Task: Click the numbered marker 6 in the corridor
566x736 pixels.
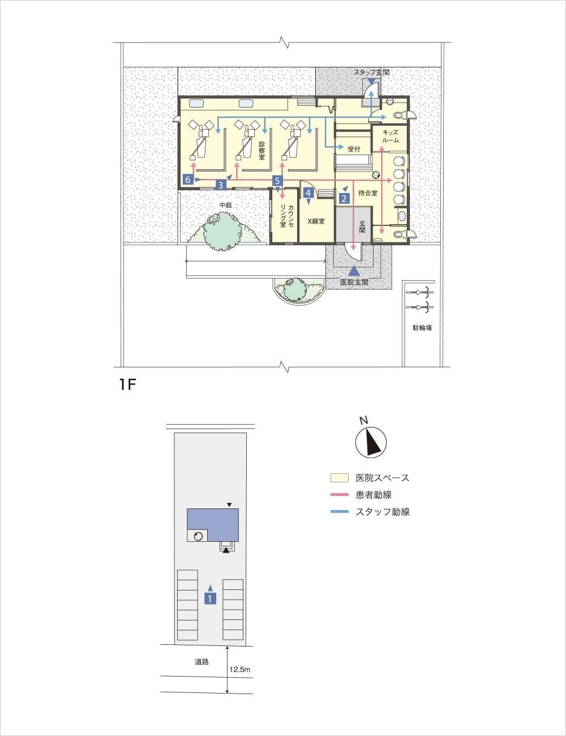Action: coord(187,179)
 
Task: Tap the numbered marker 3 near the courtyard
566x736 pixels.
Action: coord(221,185)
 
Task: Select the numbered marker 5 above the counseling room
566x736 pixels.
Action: coord(277,181)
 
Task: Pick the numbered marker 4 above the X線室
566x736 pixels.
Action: coord(308,192)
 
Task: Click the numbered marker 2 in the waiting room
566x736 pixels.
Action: coord(344,198)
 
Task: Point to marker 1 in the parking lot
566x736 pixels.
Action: coord(210,599)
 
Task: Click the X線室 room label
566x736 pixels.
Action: coord(316,221)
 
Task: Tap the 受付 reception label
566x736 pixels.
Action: coord(354,149)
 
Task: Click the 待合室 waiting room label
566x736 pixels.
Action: coord(368,193)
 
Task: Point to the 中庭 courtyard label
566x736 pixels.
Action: coord(225,205)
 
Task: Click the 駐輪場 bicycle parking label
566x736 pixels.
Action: coord(422,328)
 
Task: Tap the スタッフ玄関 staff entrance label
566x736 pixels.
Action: coord(372,72)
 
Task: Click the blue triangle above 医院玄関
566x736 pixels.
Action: coord(354,271)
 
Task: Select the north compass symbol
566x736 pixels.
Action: coord(371,442)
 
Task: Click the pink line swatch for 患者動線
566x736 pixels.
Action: coord(340,495)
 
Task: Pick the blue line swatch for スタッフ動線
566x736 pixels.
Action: coord(340,511)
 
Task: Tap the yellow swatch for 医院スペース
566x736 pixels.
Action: coord(340,478)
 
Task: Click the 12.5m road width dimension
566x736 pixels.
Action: coord(239,669)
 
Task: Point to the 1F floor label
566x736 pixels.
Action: coord(127,384)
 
